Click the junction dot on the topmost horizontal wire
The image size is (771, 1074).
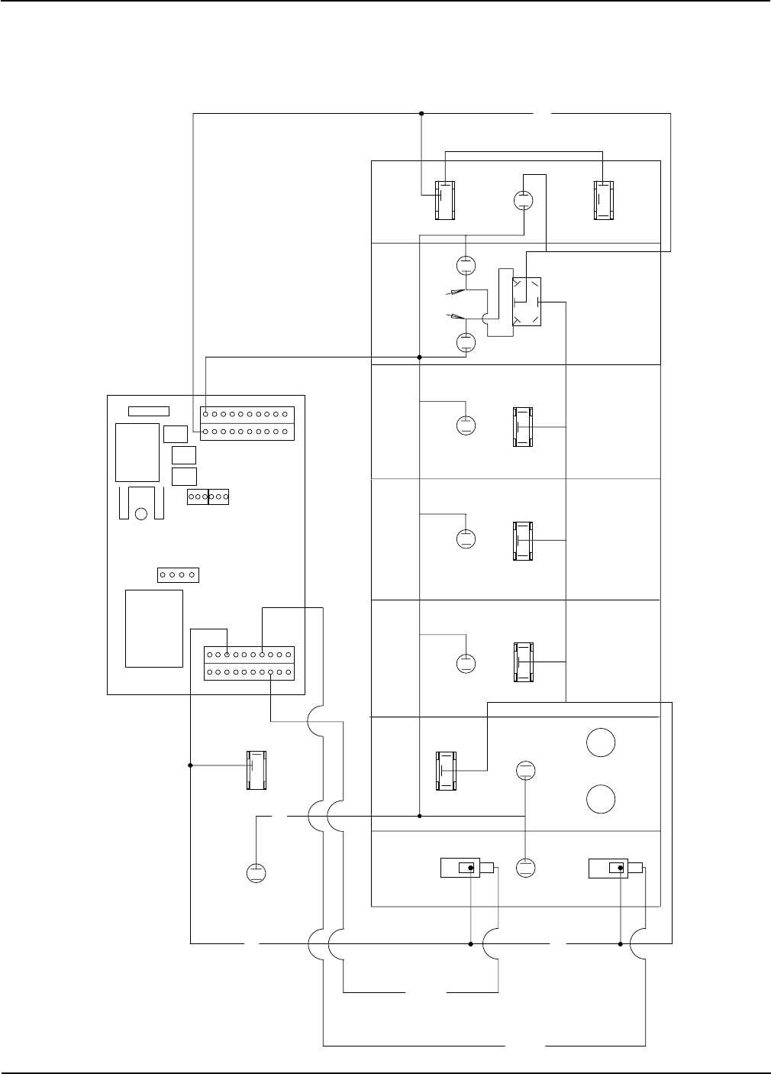422,114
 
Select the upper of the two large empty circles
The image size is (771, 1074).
601,742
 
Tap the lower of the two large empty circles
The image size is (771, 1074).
601,800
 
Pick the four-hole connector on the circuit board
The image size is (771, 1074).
177,574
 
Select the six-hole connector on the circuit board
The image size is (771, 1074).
208,497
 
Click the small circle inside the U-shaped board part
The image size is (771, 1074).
140,513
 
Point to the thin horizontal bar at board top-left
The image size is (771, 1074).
148,412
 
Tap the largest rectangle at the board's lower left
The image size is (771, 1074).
154,628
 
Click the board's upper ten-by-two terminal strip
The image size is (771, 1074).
247,422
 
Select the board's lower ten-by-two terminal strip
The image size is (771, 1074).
249,663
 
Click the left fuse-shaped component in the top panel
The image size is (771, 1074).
444,200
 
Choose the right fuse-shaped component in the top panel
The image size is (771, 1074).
603,200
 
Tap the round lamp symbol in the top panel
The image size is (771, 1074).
524,200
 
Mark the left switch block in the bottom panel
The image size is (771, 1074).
467,868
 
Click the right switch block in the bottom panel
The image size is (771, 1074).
615,868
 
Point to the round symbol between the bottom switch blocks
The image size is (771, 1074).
526,868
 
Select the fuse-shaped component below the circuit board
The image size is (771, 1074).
256,770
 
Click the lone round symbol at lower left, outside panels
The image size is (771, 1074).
256,872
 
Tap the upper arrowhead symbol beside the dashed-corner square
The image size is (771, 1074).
456,291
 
